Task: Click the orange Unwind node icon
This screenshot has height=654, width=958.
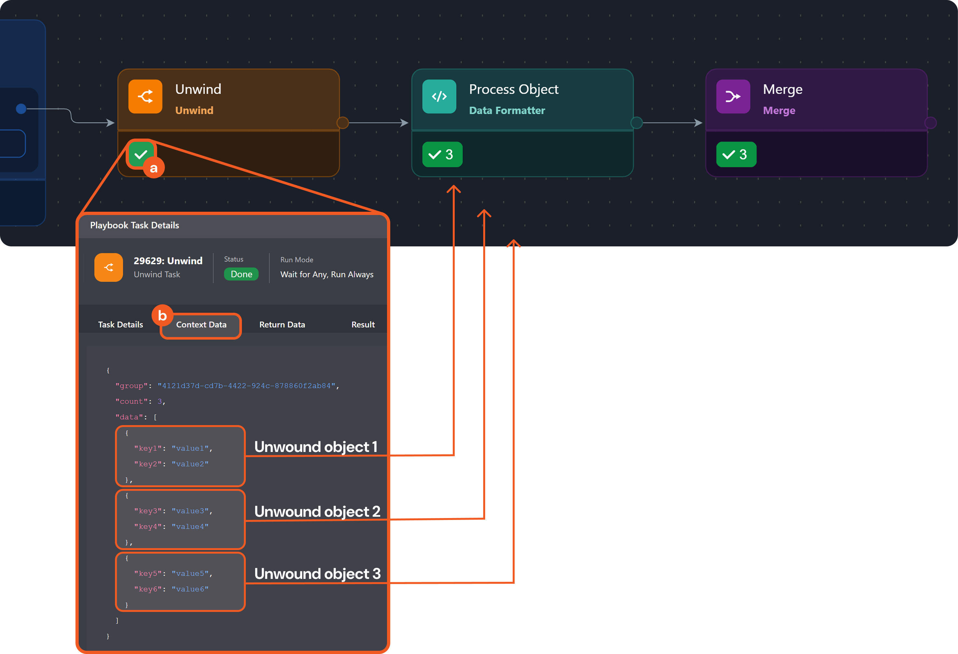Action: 145,96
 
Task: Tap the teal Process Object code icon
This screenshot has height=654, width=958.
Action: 439,96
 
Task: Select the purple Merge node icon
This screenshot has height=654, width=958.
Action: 733,96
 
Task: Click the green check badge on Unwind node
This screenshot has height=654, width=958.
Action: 141,154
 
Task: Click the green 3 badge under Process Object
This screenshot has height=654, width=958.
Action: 442,154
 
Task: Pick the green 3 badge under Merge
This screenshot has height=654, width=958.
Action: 736,154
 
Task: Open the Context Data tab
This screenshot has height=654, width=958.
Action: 201,325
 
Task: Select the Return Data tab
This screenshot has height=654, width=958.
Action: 282,325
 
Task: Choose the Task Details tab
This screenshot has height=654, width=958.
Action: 120,325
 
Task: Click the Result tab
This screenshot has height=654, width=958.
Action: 363,325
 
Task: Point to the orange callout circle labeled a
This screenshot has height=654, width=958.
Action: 154,168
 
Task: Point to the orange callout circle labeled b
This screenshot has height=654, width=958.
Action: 162,316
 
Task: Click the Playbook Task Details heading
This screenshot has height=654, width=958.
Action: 134,225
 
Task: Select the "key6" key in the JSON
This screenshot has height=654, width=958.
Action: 148,589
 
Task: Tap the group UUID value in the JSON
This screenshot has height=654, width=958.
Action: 246,386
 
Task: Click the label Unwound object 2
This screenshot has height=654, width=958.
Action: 317,512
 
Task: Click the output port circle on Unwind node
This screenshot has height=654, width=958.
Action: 343,122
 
